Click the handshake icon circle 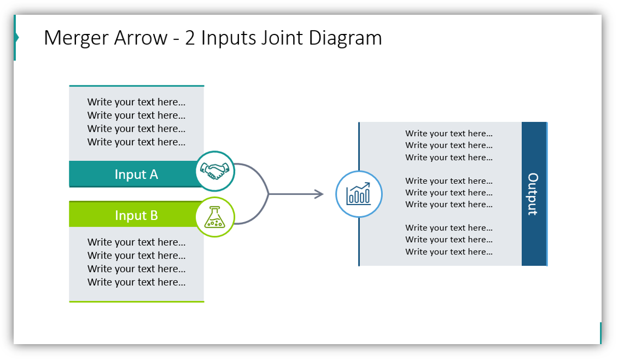(x=215, y=171)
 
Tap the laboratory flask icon (x=215, y=217)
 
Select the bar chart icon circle (x=359, y=194)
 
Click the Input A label (x=136, y=175)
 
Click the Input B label (x=136, y=216)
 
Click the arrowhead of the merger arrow (x=319, y=194)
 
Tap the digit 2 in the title (x=190, y=38)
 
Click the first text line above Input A (x=136, y=102)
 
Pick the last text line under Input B (x=136, y=282)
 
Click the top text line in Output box (x=448, y=133)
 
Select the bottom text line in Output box (x=448, y=252)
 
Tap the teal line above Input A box (x=136, y=86)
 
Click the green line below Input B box (x=136, y=301)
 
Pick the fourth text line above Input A (x=136, y=142)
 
